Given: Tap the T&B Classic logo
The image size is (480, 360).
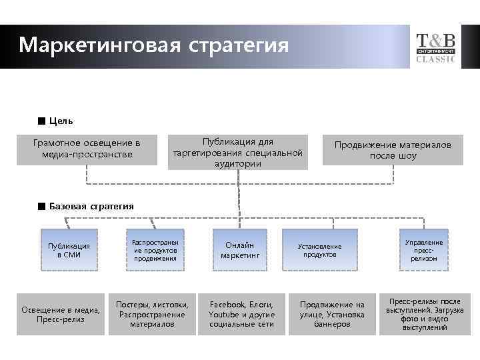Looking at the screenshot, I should coord(436,47).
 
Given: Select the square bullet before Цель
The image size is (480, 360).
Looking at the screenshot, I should coord(41,121).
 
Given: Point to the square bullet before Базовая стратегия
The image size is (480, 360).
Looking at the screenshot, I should coord(41,206).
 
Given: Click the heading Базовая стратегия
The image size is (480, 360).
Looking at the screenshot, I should coord(91,206).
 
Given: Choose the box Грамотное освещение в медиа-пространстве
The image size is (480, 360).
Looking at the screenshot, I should coord(87,149).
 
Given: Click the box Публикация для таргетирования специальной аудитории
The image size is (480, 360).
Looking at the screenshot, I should coord(238,153).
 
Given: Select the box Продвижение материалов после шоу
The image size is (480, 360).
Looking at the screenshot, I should coord(393,150).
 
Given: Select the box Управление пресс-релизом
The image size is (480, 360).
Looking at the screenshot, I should coord(424,249).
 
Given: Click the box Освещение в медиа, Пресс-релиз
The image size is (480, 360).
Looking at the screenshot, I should coord(61,314).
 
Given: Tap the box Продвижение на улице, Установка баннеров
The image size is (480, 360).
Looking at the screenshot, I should coord(332,314).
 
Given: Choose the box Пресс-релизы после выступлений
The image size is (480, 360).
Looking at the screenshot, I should coord(424,314).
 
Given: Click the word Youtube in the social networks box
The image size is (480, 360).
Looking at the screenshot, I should coord(223,314).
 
